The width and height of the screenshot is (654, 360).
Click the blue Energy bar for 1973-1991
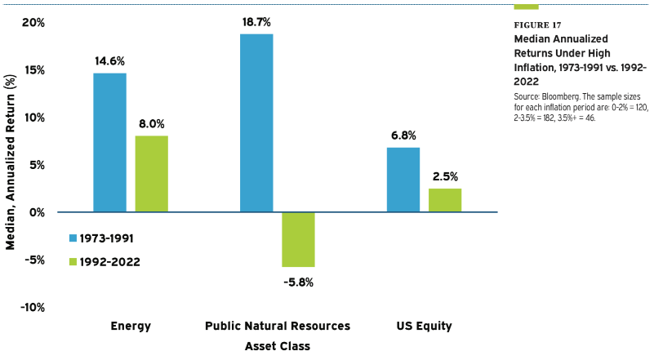tap(109, 143)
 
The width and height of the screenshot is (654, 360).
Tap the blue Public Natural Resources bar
tap(256, 122)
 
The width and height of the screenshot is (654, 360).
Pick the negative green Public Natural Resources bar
tap(298, 239)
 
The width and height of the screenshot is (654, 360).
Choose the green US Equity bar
tap(444, 200)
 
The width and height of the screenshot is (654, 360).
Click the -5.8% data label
tap(297, 282)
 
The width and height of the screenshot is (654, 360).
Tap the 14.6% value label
tap(109, 60)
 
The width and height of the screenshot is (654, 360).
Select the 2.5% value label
tap(445, 176)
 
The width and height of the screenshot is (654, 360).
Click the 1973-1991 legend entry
tap(100, 238)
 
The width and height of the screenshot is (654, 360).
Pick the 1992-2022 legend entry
tap(100, 262)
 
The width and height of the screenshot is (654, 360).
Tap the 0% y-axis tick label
tap(36, 212)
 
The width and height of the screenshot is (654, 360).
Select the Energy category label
tap(131, 327)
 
